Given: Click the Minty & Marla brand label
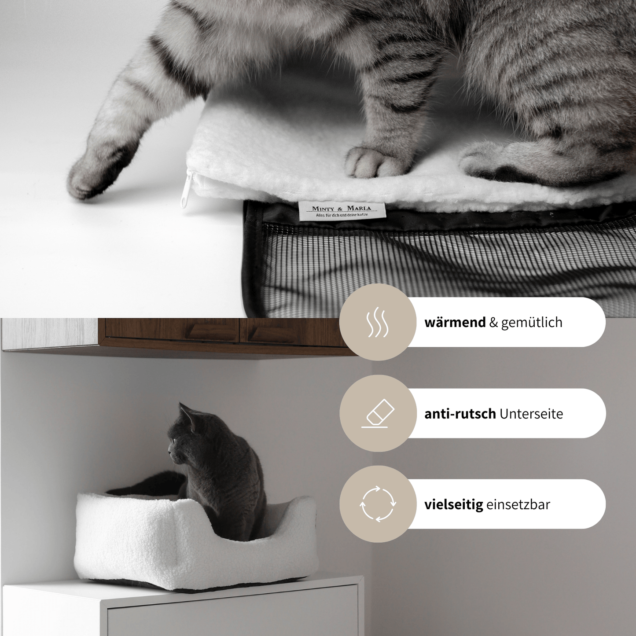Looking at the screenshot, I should [342, 210].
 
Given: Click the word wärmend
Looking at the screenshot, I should [455, 322].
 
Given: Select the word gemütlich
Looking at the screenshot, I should [532, 322].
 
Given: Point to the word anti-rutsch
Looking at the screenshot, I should [460, 414].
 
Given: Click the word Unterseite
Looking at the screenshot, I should [531, 414].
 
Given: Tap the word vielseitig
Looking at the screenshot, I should [453, 504].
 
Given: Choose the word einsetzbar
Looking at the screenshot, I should [518, 504].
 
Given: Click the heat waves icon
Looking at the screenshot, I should [378, 323].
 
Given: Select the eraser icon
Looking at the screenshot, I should [378, 413].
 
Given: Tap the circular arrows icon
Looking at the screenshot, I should [378, 504].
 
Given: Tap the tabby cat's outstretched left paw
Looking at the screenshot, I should [95, 176].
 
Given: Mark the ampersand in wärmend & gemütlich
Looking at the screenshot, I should [493, 323].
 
